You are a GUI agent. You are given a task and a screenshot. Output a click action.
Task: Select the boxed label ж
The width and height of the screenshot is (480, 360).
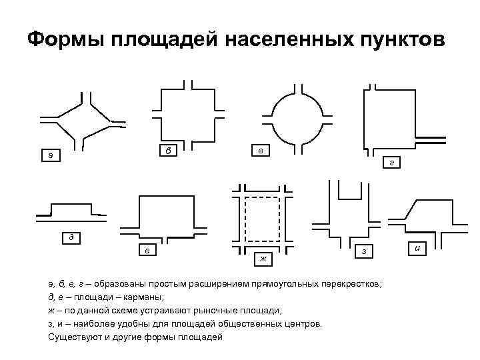tap(263, 257)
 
